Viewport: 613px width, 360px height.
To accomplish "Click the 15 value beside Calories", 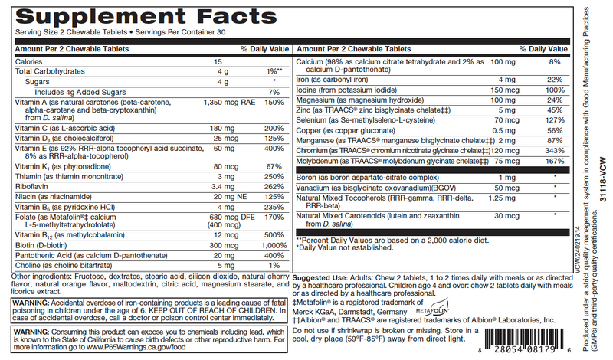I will (218, 61).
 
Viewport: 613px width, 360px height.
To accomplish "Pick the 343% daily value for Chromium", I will (555, 152).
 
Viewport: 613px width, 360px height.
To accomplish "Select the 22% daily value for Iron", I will (556, 79).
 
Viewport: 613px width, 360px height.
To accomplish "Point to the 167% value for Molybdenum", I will (555, 162).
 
